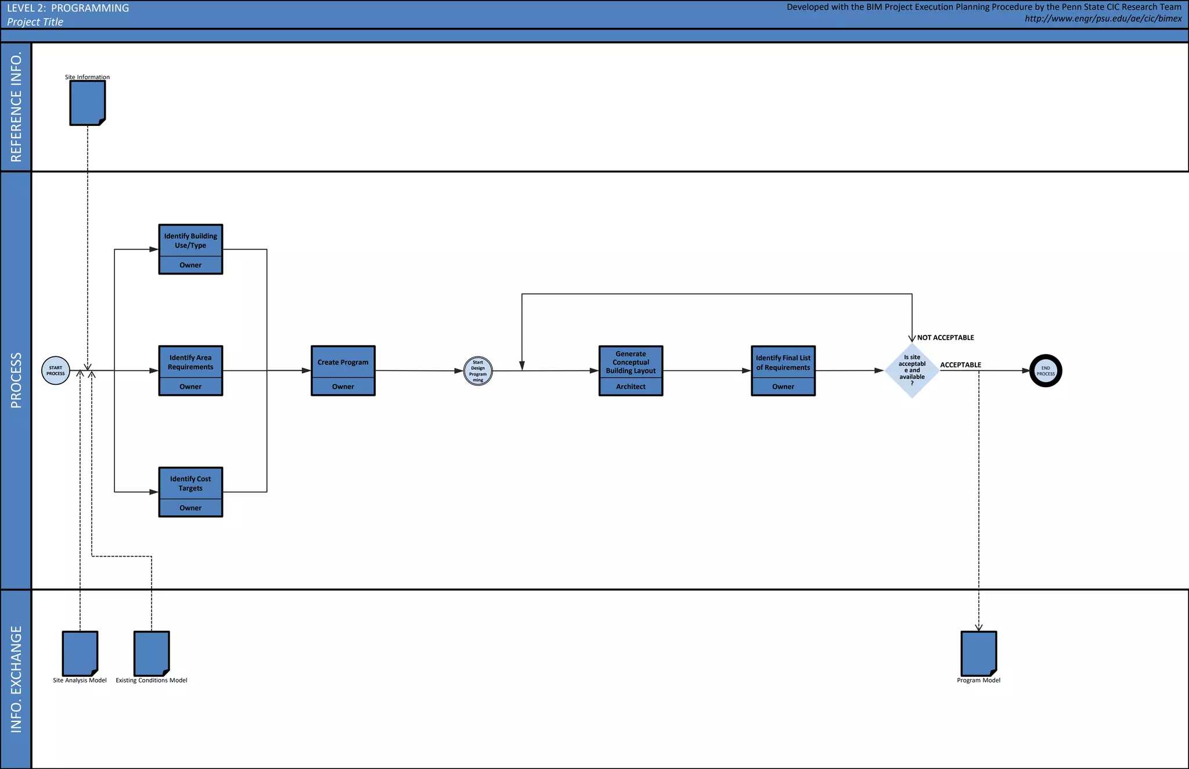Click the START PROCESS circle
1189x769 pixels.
point(56,371)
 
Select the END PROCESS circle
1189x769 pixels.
point(1046,371)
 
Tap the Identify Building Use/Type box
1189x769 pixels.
point(190,249)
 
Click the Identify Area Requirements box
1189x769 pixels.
point(190,370)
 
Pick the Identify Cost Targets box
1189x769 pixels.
point(190,492)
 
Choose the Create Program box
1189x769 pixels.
point(343,370)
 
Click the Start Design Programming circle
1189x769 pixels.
point(478,371)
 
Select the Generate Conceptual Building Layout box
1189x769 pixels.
point(630,370)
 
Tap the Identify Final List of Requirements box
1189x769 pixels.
point(783,370)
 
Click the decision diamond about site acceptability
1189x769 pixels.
point(912,370)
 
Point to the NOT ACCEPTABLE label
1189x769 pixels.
point(945,338)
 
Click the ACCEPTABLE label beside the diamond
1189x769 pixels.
point(960,365)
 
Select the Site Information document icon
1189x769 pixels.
point(88,103)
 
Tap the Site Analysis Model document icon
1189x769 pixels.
point(80,654)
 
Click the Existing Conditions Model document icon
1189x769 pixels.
point(152,654)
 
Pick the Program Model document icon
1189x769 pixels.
point(979,654)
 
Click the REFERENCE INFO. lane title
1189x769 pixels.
point(16,107)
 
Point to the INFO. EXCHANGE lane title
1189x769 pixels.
point(16,679)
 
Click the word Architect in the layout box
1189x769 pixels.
point(630,387)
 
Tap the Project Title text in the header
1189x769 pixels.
point(35,22)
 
